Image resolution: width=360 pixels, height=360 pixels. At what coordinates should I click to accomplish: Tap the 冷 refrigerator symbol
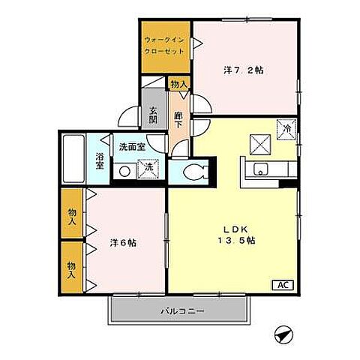(x=286, y=128)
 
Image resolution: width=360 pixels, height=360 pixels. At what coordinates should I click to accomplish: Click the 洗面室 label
(x=130, y=148)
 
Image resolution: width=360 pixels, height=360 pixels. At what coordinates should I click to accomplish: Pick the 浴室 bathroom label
(x=100, y=161)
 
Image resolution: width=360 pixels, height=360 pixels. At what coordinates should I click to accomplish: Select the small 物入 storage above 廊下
(x=178, y=85)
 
